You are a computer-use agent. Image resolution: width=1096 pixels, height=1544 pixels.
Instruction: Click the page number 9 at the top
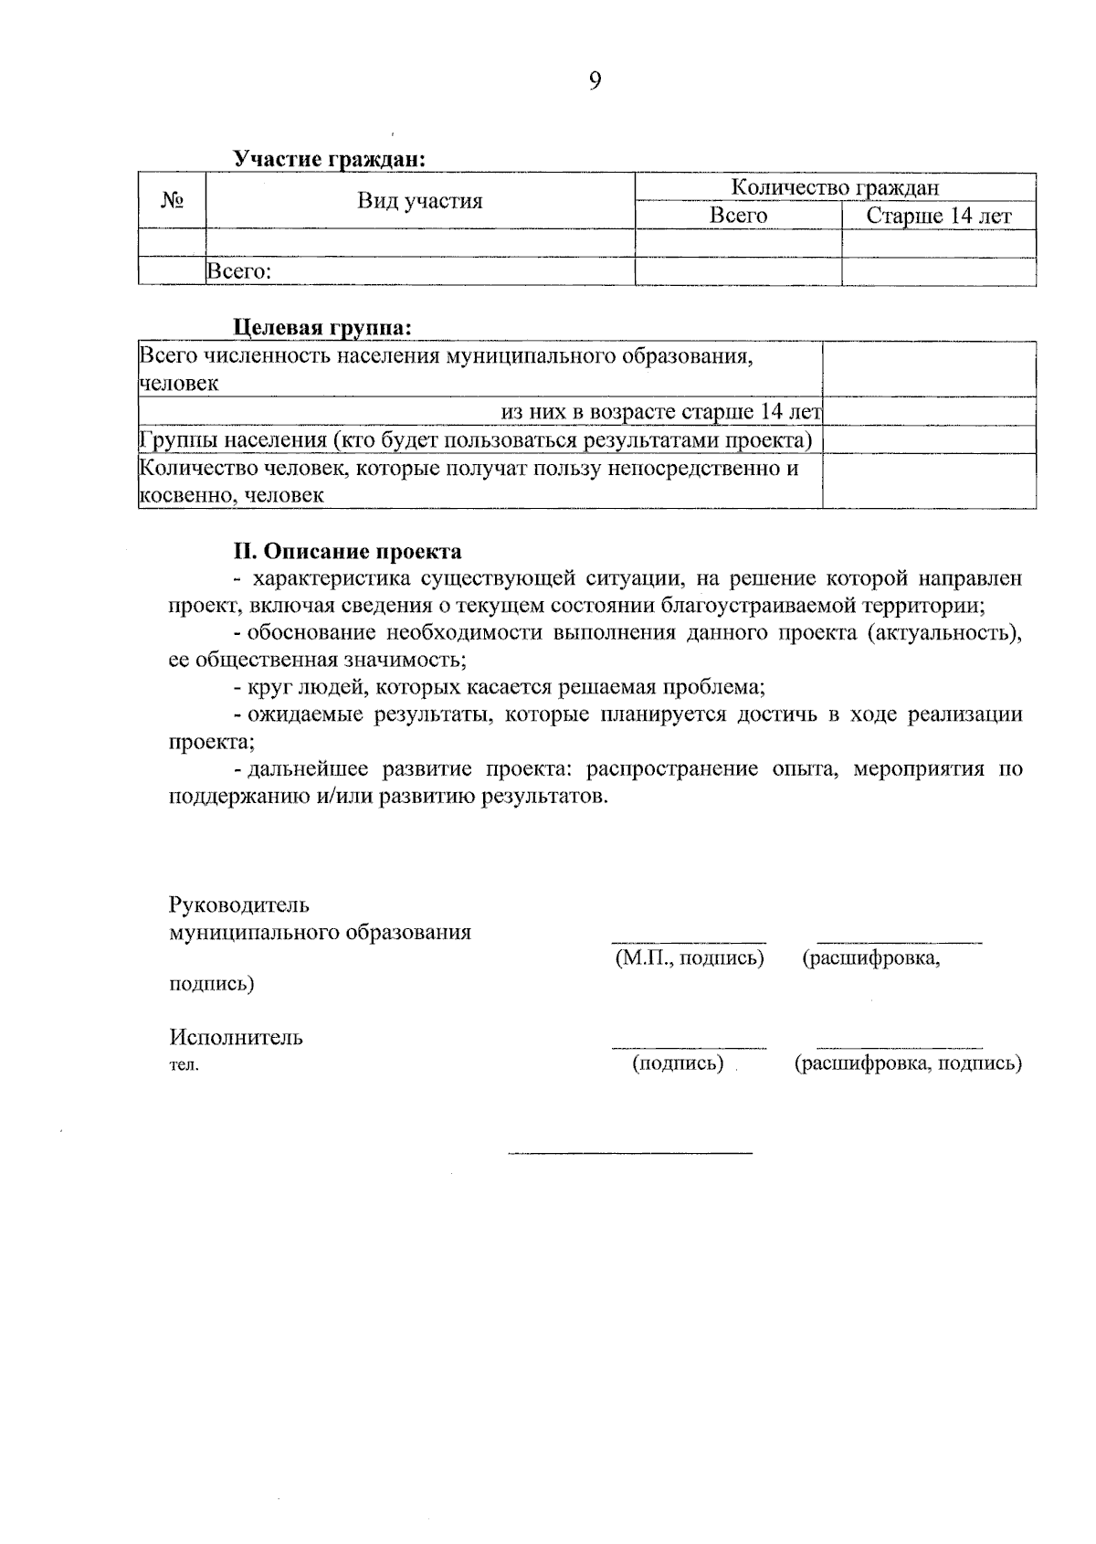click(x=595, y=82)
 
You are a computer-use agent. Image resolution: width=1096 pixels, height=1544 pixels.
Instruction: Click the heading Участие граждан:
click(x=330, y=159)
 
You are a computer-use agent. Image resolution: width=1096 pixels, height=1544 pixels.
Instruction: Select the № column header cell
click(x=173, y=200)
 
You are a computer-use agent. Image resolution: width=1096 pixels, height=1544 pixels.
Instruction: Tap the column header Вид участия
click(x=419, y=201)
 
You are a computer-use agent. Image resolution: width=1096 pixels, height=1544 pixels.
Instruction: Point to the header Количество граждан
click(x=835, y=187)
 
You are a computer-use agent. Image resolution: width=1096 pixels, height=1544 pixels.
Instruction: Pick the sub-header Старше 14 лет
click(x=938, y=216)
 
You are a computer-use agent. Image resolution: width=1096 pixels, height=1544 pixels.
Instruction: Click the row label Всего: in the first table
click(x=241, y=271)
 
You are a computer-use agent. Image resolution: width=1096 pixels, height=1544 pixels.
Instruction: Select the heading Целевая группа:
click(x=322, y=327)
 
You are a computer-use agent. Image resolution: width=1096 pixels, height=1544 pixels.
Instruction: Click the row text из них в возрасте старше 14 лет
click(x=662, y=412)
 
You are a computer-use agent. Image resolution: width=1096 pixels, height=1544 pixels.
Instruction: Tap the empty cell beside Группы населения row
click(x=929, y=440)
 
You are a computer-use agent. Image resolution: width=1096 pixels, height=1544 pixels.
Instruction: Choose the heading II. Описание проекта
click(x=347, y=552)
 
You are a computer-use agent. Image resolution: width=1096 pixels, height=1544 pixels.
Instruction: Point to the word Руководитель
click(x=239, y=905)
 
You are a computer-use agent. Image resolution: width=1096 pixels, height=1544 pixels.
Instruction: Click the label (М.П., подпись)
click(x=690, y=958)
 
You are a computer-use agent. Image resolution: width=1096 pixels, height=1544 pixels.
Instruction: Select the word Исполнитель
click(x=236, y=1038)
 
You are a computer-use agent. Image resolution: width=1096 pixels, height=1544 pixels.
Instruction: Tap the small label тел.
click(x=184, y=1064)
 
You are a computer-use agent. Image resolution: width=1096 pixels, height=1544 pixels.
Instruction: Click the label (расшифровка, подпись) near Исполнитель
click(x=908, y=1063)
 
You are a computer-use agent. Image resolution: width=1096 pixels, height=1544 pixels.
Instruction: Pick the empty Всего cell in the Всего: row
click(x=738, y=271)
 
